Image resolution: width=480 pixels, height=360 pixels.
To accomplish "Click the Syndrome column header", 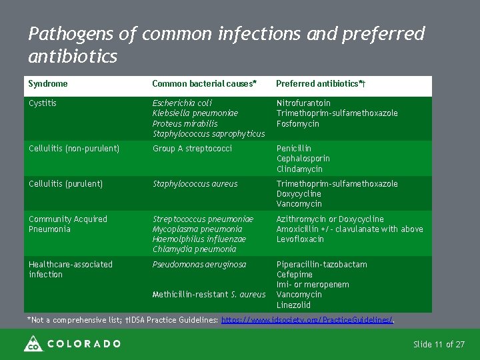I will pyautogui.click(x=48, y=84).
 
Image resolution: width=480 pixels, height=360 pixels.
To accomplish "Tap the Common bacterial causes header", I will pyautogui.click(x=204, y=84).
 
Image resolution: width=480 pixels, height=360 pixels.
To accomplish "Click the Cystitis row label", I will pyautogui.click(x=43, y=103).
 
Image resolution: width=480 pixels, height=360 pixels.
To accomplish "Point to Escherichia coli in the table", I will pyautogui.click(x=182, y=103).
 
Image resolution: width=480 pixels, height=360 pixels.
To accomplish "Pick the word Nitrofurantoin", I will pyautogui.click(x=303, y=103).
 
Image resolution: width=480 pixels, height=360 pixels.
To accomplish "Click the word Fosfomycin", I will pyautogui.click(x=297, y=123).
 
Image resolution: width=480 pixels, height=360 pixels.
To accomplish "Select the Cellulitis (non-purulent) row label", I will pyautogui.click(x=74, y=149).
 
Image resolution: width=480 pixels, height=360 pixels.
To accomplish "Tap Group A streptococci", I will pyautogui.click(x=192, y=149).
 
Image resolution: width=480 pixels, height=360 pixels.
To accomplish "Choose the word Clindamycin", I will pyautogui.click(x=299, y=169).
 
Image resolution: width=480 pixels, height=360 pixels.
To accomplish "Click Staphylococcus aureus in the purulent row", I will pyautogui.click(x=195, y=184).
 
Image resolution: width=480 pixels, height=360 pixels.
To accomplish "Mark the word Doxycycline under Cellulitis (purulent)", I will pyautogui.click(x=299, y=194).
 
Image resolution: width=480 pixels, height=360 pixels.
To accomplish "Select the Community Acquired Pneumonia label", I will pyautogui.click(x=67, y=224).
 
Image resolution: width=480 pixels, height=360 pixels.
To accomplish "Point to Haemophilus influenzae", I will pyautogui.click(x=199, y=239).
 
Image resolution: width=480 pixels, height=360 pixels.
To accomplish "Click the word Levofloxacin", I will pyautogui.click(x=300, y=239).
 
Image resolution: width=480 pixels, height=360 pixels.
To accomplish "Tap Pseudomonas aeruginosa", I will pyautogui.click(x=199, y=265).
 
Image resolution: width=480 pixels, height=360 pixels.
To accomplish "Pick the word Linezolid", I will pyautogui.click(x=293, y=305).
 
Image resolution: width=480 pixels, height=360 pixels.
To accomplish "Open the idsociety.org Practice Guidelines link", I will pyautogui.click(x=307, y=321).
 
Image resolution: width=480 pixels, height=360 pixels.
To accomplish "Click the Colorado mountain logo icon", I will pyautogui.click(x=33, y=344).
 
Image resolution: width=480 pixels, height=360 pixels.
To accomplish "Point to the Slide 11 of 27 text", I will pyautogui.click(x=439, y=345).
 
